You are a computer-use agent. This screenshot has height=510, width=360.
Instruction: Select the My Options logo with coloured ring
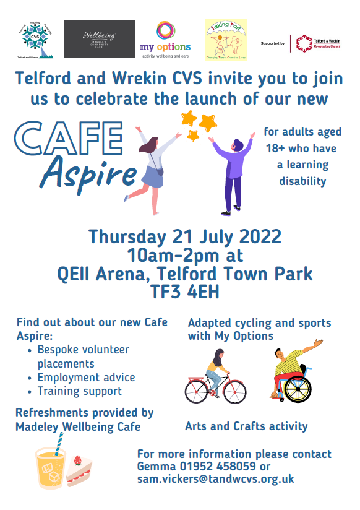point(165,38)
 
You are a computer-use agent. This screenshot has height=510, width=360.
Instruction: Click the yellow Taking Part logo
point(226,39)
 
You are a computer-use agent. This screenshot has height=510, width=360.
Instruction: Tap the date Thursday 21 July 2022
point(184,237)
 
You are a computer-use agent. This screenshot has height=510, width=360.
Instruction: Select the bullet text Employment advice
point(86,377)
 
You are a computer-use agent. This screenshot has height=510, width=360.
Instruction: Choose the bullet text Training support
point(79,391)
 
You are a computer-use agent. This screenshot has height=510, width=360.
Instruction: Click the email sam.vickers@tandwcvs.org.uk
point(215,479)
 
